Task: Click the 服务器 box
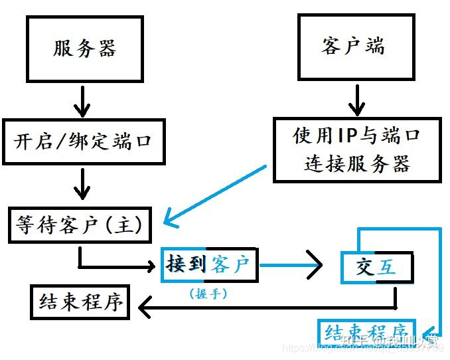(x=84, y=48)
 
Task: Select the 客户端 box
(x=352, y=47)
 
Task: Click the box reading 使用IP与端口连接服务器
(x=357, y=149)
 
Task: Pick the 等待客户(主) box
(x=79, y=226)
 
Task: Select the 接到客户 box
(x=209, y=266)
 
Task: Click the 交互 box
(x=376, y=268)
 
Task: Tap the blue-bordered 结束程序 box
(x=366, y=330)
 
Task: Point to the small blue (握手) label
(x=208, y=293)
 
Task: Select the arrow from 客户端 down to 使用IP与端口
(x=357, y=98)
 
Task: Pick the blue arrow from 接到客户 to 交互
(x=292, y=266)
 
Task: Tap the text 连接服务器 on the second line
(x=357, y=163)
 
